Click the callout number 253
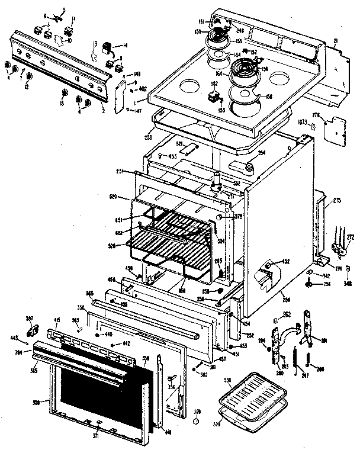148,137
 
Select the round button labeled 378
220,217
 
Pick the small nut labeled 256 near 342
310,284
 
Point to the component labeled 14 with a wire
108,46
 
